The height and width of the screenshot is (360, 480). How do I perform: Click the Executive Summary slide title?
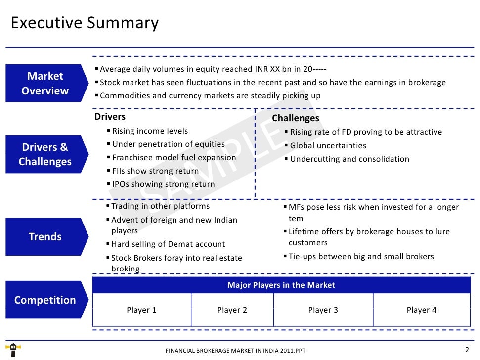click(x=85, y=23)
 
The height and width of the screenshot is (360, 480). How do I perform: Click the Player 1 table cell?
click(x=141, y=310)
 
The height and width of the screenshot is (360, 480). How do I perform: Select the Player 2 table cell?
click(x=232, y=310)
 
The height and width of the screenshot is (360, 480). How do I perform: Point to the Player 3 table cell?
click(x=323, y=310)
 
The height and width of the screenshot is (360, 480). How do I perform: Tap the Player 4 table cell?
click(x=421, y=310)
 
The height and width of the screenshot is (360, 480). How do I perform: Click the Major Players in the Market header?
click(x=281, y=285)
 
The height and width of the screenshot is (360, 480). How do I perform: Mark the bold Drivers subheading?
click(x=110, y=117)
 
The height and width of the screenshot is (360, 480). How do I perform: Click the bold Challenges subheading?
click(x=296, y=118)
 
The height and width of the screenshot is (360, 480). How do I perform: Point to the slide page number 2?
click(x=467, y=350)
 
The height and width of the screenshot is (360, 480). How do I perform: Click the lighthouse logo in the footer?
click(x=14, y=350)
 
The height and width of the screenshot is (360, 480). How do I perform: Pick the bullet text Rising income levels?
click(x=150, y=131)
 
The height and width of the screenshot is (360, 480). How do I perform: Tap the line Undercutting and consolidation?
click(x=349, y=159)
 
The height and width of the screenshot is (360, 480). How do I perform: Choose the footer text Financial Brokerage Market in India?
click(x=235, y=351)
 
